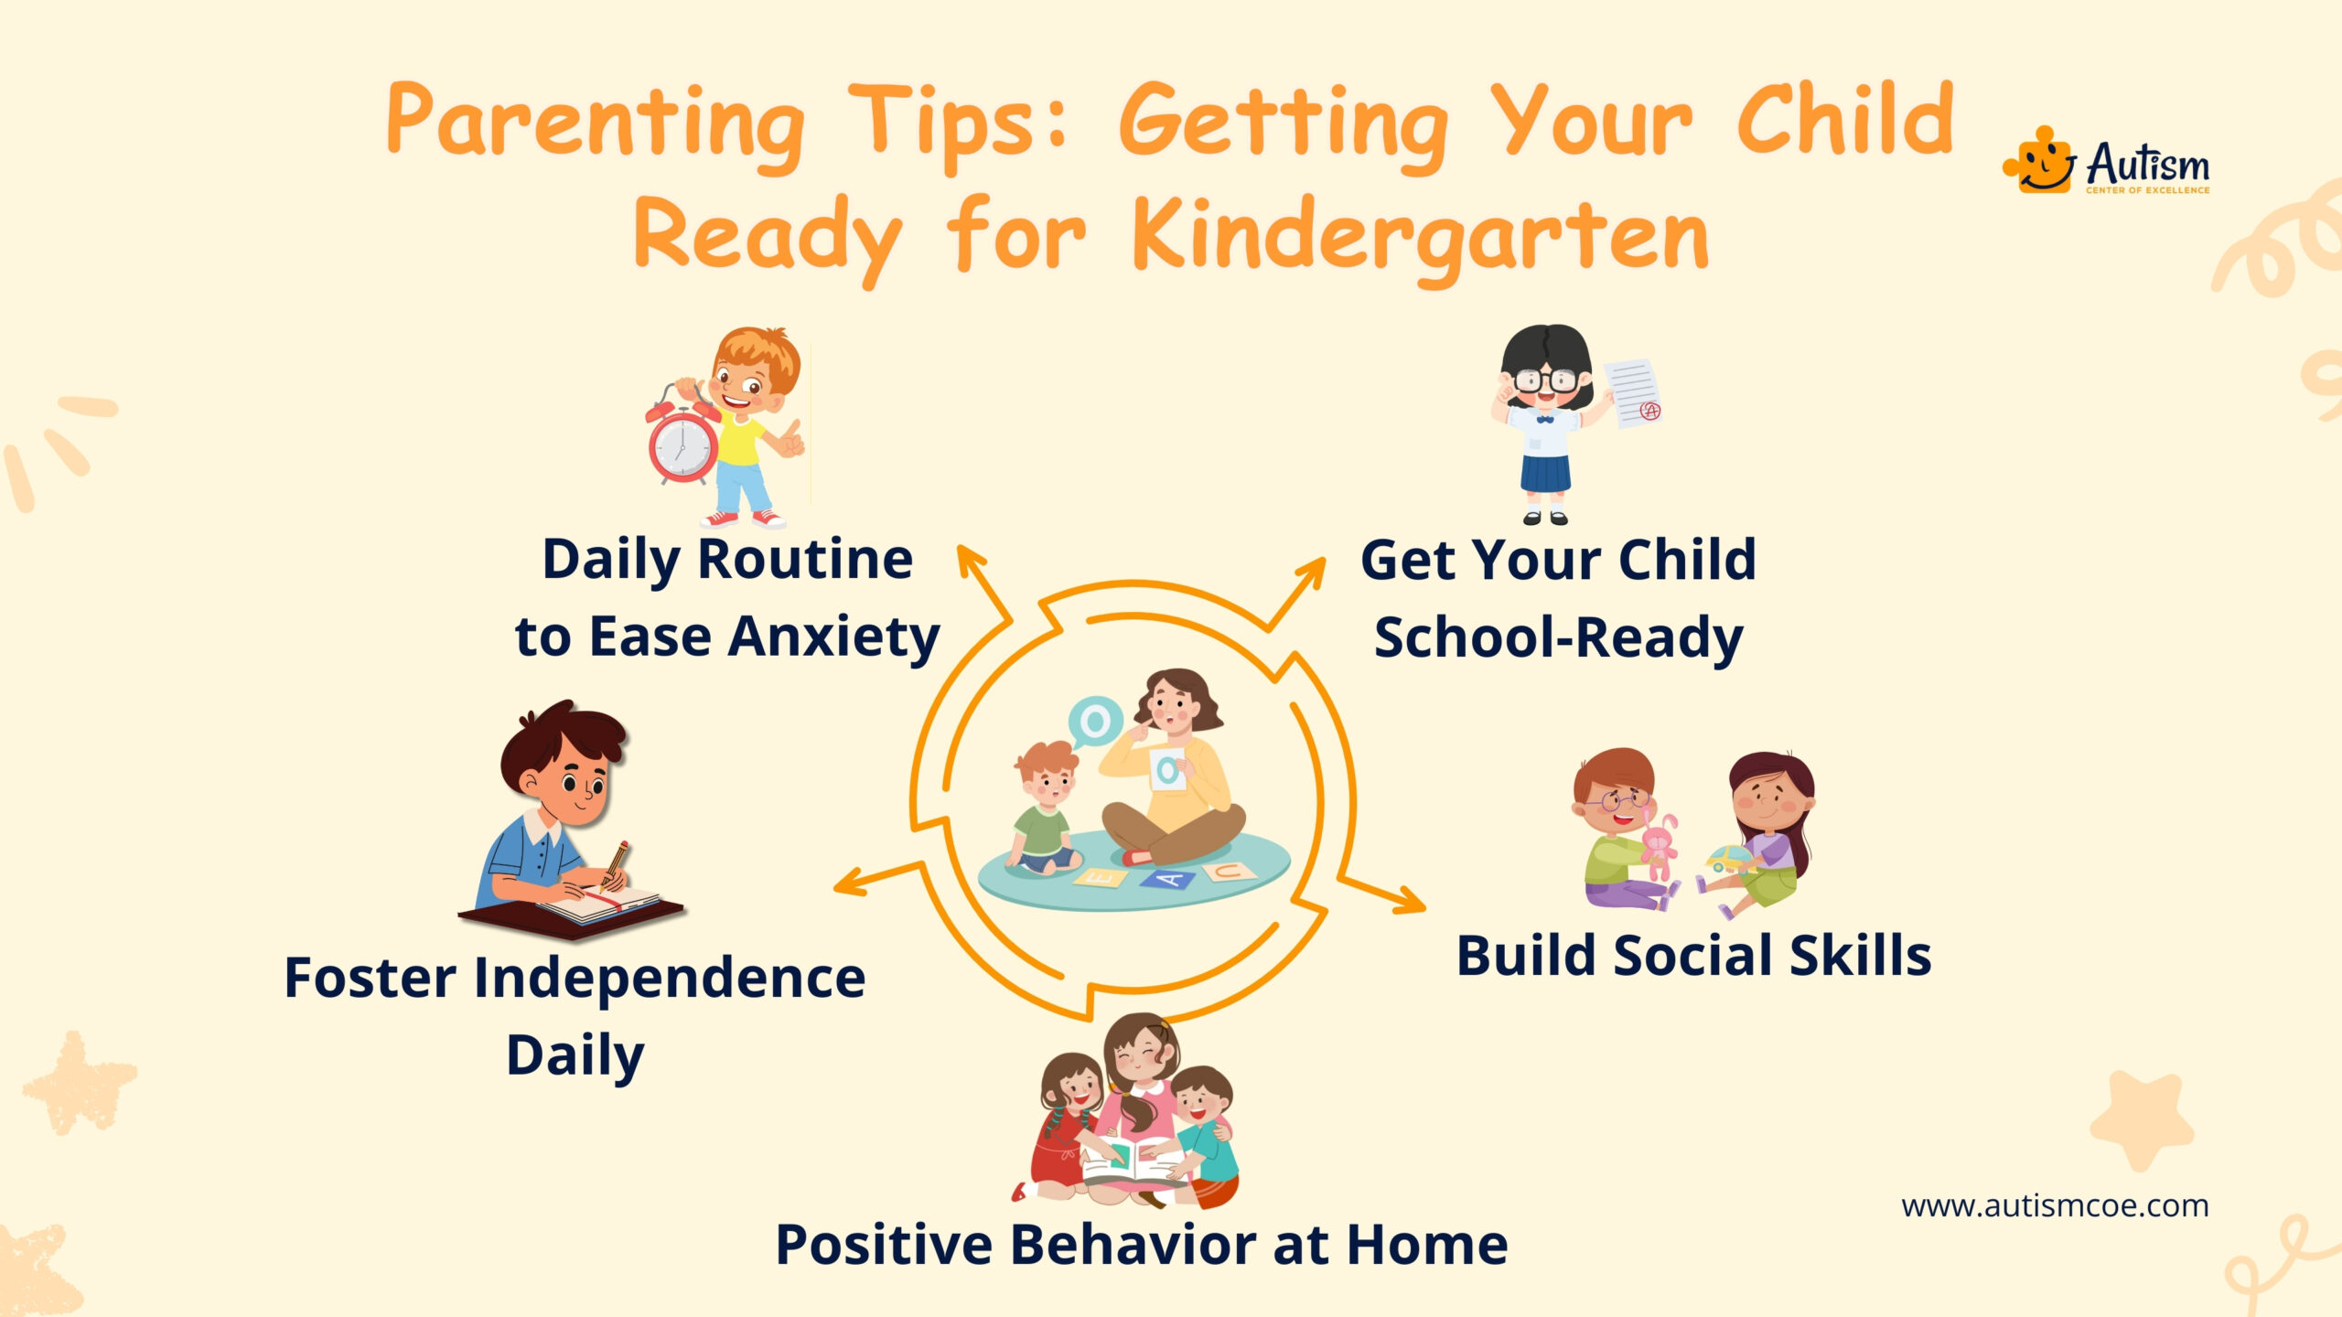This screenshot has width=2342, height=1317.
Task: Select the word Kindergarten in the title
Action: pos(1421,237)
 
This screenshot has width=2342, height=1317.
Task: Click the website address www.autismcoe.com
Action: pos(2055,1205)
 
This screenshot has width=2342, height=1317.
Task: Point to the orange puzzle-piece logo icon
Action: pos(2039,160)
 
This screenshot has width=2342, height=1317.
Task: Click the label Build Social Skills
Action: pos(1693,956)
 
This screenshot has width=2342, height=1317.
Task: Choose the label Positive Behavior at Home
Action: pos(1142,1245)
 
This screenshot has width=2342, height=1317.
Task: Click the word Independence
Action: pos(670,979)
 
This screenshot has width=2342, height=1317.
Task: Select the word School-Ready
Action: pos(1559,637)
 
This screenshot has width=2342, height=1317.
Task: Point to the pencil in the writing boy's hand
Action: pos(614,864)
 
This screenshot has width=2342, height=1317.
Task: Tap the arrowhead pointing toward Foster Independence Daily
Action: pos(851,883)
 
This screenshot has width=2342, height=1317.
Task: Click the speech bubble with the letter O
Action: pos(1094,723)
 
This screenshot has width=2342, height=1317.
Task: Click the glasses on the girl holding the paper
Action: pos(1546,379)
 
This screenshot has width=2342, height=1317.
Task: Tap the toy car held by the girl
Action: pos(1726,860)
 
